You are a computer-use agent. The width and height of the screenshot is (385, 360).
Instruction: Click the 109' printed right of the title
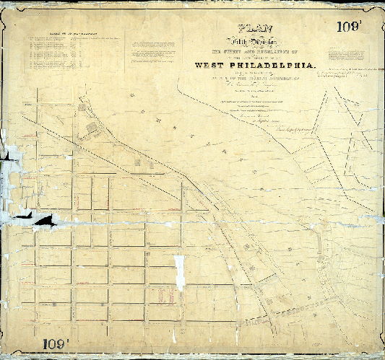tap(352, 27)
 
